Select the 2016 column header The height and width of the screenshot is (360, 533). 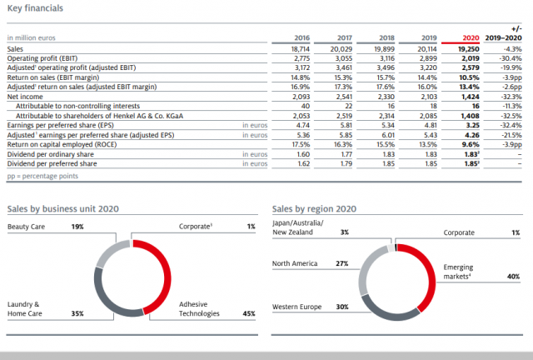pyautogui.click(x=301, y=38)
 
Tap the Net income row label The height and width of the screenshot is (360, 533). pyautogui.click(x=25, y=97)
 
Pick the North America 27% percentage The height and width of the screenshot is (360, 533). pyautogui.click(x=341, y=263)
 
